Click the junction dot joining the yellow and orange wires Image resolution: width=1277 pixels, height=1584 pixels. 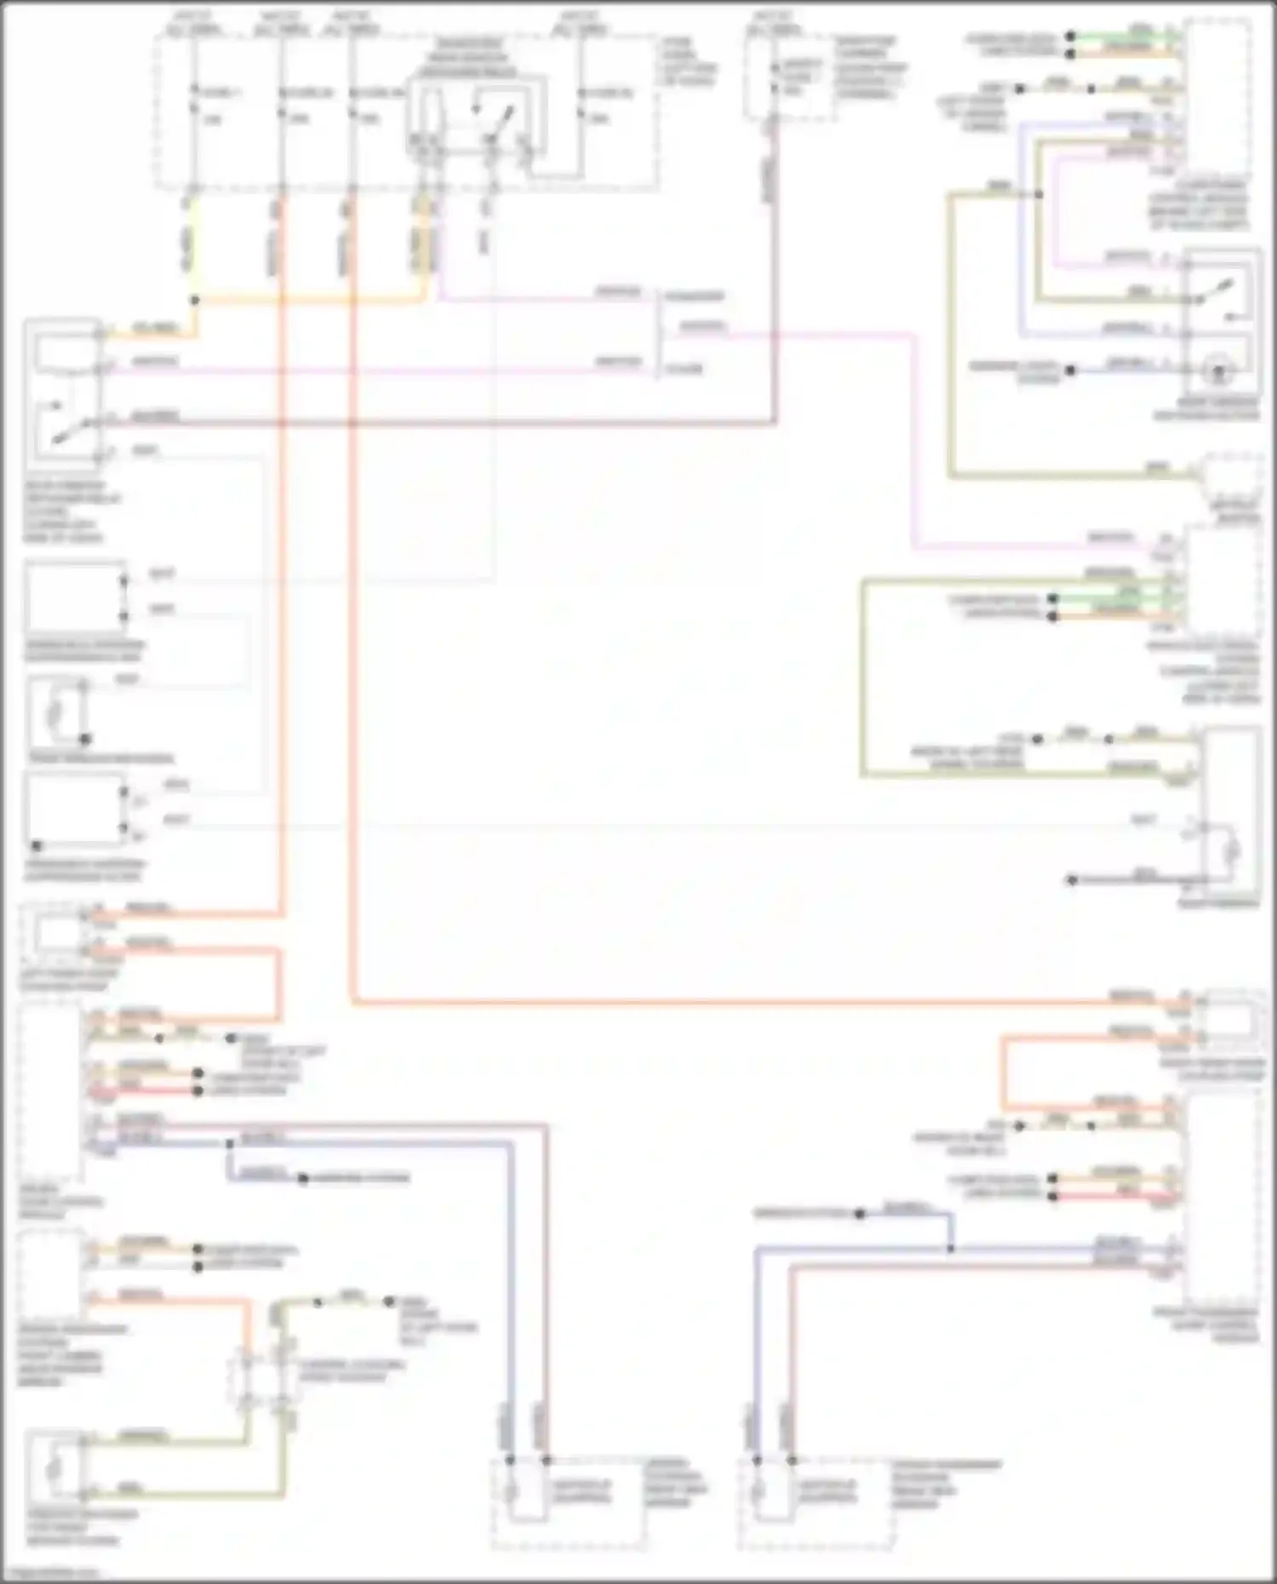click(195, 300)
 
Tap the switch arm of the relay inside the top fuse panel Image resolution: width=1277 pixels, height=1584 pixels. click(500, 119)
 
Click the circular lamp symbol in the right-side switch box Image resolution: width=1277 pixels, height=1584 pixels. click(1219, 372)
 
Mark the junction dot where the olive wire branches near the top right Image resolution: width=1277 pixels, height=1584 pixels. click(1039, 195)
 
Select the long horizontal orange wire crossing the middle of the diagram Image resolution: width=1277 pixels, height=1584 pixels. click(724, 1003)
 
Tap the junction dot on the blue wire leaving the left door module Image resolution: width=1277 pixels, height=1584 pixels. click(229, 1144)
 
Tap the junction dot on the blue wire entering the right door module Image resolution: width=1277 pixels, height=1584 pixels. click(951, 1249)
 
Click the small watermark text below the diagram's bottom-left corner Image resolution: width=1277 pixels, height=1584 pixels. click(51, 1573)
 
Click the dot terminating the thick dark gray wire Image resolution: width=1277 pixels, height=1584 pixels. click(1072, 880)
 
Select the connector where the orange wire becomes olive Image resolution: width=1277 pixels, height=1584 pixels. click(246, 1370)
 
